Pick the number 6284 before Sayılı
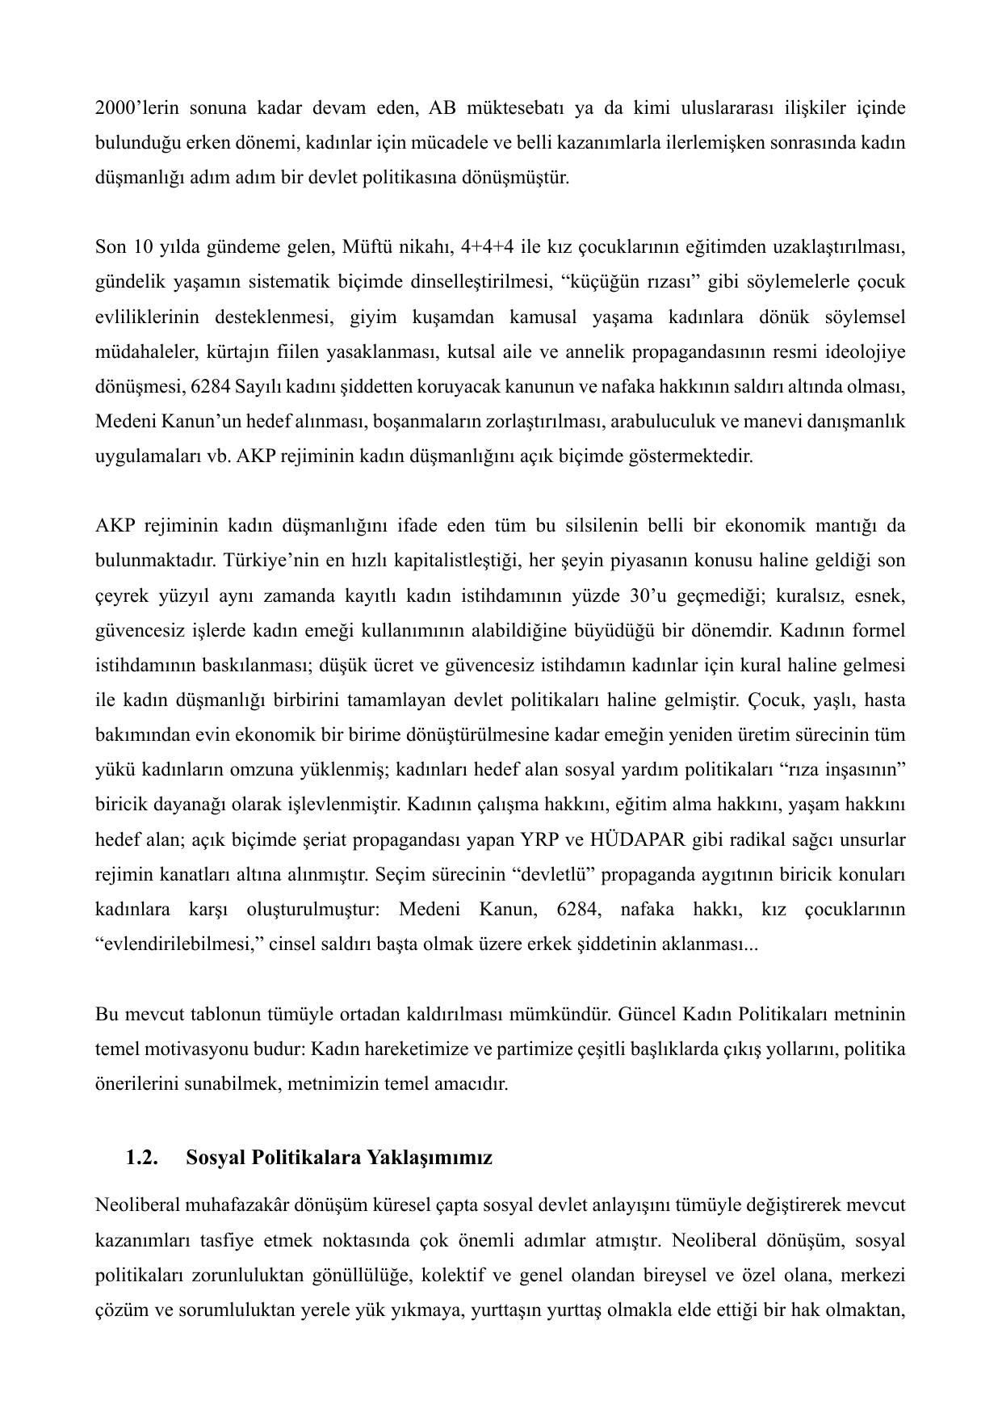tap(212, 387)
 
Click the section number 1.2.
tap(141, 1158)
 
